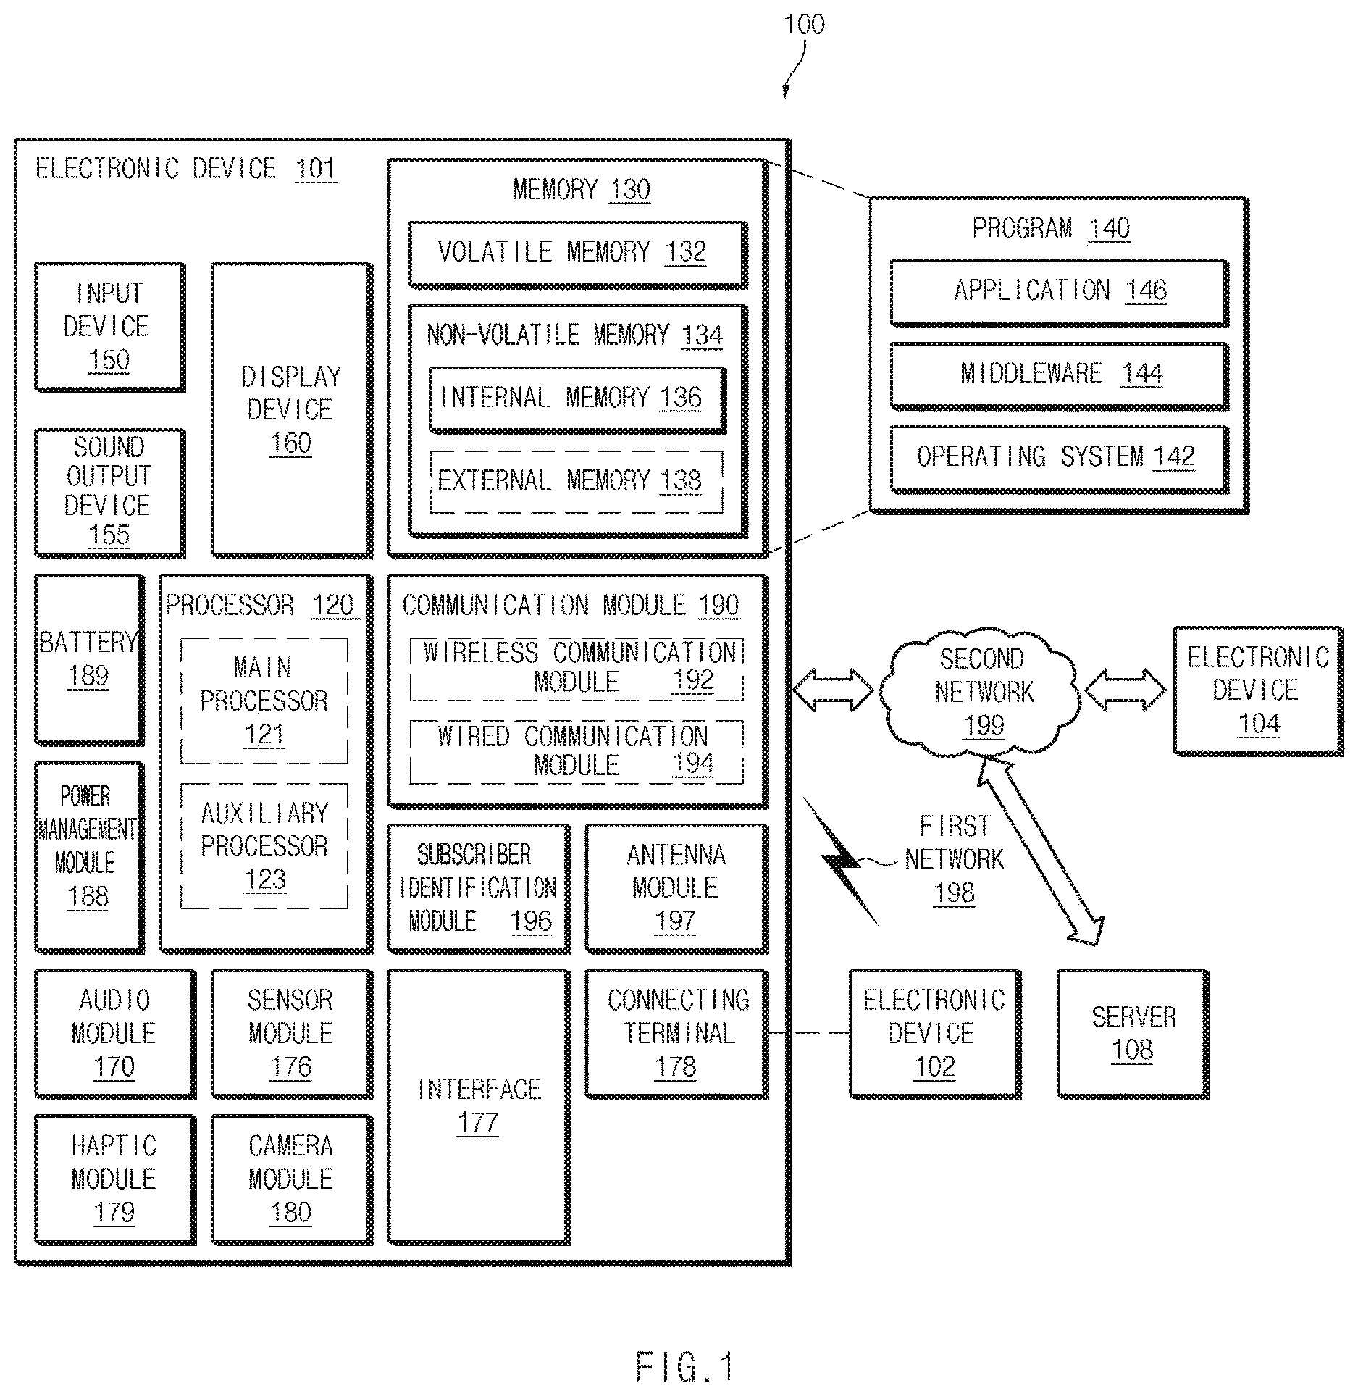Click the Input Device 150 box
click(x=110, y=327)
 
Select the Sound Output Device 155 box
click(x=110, y=493)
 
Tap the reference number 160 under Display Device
click(x=290, y=443)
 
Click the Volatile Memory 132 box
click(x=578, y=254)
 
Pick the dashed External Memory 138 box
click(x=577, y=482)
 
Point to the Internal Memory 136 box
click(x=578, y=400)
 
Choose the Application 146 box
click(x=1060, y=293)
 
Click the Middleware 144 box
click(x=1060, y=376)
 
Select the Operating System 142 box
click(x=1060, y=459)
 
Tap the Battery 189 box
click(x=89, y=659)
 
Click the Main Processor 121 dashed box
click(x=264, y=701)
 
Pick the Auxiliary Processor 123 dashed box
click(x=264, y=845)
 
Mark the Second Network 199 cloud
click(x=981, y=692)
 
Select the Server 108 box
click(x=1133, y=1034)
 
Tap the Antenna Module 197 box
click(x=676, y=888)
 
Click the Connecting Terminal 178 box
click(x=676, y=1034)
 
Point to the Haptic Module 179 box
click(x=114, y=1179)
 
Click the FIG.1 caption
click(x=685, y=1366)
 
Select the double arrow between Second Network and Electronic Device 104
click(x=1127, y=688)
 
